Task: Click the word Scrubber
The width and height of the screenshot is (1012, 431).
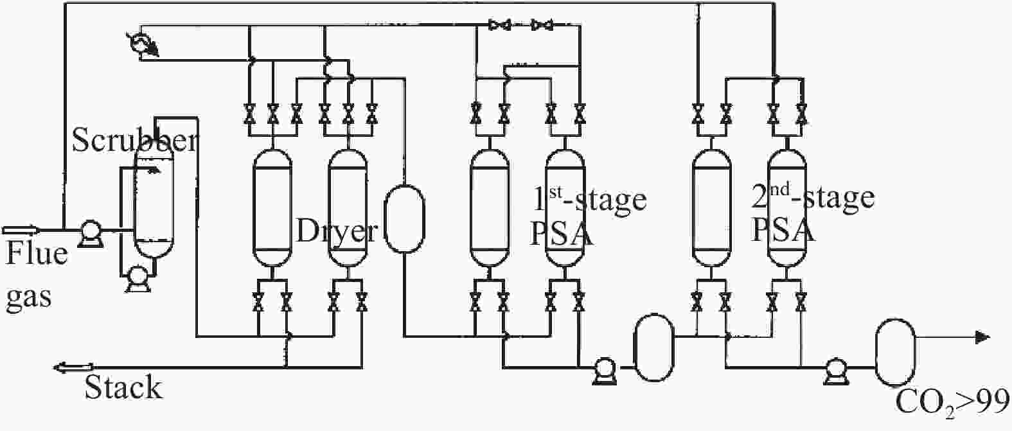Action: tap(135, 139)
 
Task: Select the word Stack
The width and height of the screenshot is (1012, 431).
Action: tap(123, 387)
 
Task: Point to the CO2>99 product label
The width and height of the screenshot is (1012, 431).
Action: tap(952, 403)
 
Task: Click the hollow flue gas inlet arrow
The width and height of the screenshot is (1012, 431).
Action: tap(21, 230)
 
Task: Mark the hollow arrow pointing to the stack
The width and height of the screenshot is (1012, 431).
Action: tap(74, 367)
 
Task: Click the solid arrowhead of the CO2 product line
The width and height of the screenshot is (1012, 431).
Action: tap(983, 337)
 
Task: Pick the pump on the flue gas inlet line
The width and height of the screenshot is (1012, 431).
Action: tap(91, 233)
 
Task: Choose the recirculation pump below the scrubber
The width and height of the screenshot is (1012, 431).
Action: tap(138, 278)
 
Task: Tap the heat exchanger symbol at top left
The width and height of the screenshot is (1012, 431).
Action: tap(142, 44)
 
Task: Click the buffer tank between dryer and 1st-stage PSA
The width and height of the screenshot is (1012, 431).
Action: tap(404, 218)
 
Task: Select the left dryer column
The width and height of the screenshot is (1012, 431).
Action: tap(272, 208)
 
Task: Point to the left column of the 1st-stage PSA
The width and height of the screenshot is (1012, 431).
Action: tap(490, 208)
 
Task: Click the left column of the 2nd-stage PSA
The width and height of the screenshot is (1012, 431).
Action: tap(711, 208)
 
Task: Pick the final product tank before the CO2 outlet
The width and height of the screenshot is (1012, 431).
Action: tap(896, 353)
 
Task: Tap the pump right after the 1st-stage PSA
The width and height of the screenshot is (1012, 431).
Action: tap(605, 371)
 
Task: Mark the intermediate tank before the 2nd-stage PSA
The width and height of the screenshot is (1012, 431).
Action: tap(653, 348)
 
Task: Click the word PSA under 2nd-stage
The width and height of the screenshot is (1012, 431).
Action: tap(783, 231)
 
